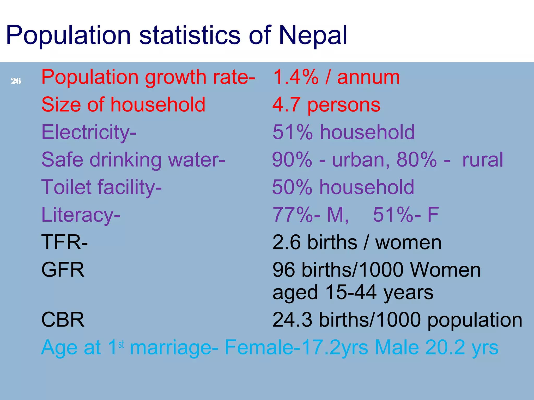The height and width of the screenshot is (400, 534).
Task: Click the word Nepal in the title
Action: (x=313, y=35)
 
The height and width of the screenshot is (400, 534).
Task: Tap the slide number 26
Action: (x=16, y=81)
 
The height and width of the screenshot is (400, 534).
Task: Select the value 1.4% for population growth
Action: (x=295, y=77)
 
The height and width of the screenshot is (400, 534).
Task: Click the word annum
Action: (x=368, y=77)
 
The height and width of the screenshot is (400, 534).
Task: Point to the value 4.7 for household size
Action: (x=286, y=105)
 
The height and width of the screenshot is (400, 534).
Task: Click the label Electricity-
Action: (x=89, y=132)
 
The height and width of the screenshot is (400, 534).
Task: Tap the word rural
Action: (x=482, y=160)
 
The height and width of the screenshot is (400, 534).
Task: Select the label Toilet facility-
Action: (x=101, y=187)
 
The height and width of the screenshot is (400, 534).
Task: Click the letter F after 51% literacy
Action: (x=433, y=215)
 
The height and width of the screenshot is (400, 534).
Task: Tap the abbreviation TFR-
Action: (x=64, y=242)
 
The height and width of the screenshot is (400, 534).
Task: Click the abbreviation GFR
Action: (x=63, y=270)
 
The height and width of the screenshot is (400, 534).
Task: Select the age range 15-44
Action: (x=351, y=292)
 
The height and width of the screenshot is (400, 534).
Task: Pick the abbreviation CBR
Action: (x=63, y=320)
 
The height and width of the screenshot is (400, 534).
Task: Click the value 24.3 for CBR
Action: (x=292, y=320)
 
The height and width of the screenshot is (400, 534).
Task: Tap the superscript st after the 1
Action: (x=121, y=344)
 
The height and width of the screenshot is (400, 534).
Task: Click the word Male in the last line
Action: (x=397, y=347)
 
